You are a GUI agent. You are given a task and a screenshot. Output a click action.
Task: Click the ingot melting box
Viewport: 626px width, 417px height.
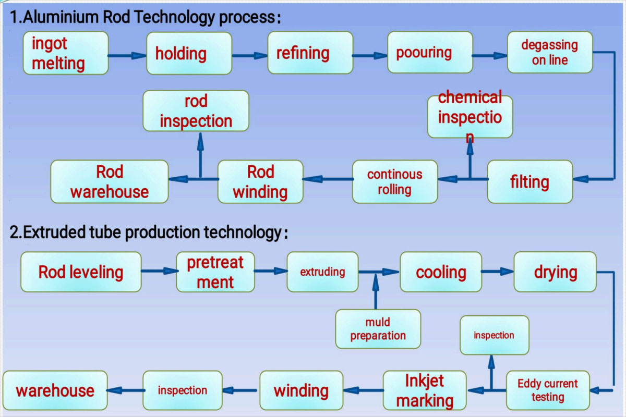coord(65,53)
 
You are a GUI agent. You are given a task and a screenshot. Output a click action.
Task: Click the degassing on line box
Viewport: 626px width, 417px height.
coord(550,52)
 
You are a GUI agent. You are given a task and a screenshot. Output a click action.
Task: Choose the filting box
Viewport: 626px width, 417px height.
coord(529,182)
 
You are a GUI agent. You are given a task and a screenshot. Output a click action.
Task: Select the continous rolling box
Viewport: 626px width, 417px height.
coord(395,181)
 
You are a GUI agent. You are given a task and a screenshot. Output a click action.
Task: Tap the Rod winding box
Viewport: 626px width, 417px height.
coord(260,182)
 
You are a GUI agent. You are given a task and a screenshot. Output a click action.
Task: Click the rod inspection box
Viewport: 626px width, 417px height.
coord(196,111)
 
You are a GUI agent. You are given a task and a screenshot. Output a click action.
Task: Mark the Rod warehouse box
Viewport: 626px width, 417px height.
coord(109,182)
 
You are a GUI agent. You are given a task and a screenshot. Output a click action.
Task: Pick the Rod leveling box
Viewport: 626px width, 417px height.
coord(81,272)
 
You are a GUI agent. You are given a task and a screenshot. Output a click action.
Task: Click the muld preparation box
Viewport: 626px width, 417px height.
coord(378,329)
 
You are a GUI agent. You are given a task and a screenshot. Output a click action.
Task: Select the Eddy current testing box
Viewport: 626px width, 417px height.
coord(548,390)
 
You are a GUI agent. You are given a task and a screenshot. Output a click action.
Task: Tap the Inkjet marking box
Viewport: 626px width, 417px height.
coord(425,390)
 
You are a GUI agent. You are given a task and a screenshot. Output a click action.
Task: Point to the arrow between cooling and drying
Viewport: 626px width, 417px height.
coord(498,271)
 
